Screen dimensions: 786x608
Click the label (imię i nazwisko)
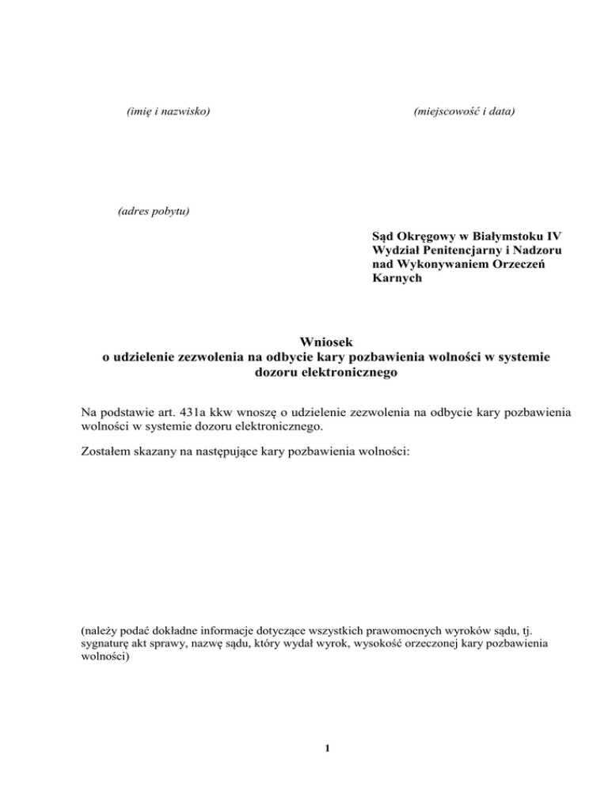[168, 112]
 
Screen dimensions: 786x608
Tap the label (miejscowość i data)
[464, 112]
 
